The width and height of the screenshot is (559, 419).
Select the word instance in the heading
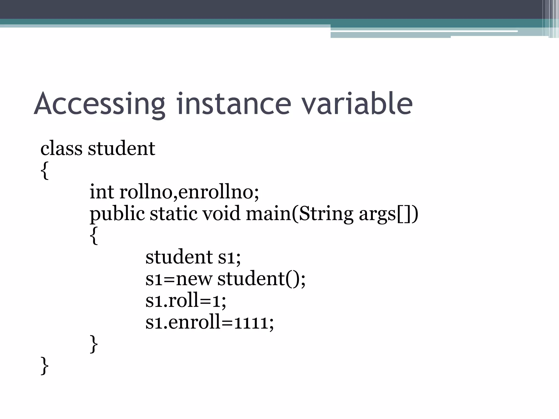click(x=234, y=104)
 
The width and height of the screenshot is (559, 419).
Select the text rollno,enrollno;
click(x=189, y=192)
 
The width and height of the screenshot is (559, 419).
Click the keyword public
click(x=117, y=214)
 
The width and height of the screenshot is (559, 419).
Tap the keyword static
click(x=174, y=213)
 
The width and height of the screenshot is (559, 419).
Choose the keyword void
click(x=221, y=213)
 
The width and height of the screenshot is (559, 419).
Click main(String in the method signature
click(x=299, y=214)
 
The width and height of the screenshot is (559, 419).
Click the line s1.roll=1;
click(x=186, y=300)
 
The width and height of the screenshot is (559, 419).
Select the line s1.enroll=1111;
click(x=209, y=322)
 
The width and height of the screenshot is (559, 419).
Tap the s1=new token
click(x=179, y=279)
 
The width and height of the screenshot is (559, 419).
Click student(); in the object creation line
click(x=261, y=279)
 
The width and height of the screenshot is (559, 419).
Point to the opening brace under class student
click(x=44, y=170)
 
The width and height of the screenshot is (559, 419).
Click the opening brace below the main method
click(x=94, y=235)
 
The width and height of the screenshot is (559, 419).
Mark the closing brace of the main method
click(x=94, y=344)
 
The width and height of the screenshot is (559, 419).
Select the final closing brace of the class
click(x=44, y=366)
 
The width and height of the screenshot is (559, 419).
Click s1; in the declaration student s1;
click(x=229, y=257)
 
